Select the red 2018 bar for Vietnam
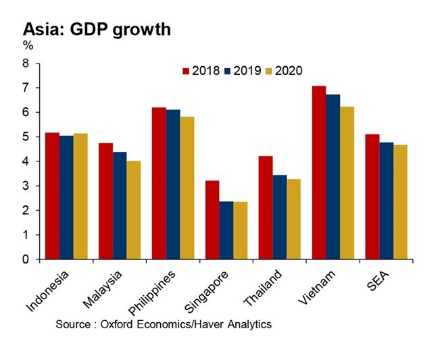click(x=319, y=172)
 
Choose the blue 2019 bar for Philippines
click(x=174, y=184)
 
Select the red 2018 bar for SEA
click(x=372, y=197)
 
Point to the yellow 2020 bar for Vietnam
click(x=347, y=182)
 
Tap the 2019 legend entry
click(x=244, y=71)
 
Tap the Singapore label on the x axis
click(x=212, y=290)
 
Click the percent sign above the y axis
click(x=28, y=45)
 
